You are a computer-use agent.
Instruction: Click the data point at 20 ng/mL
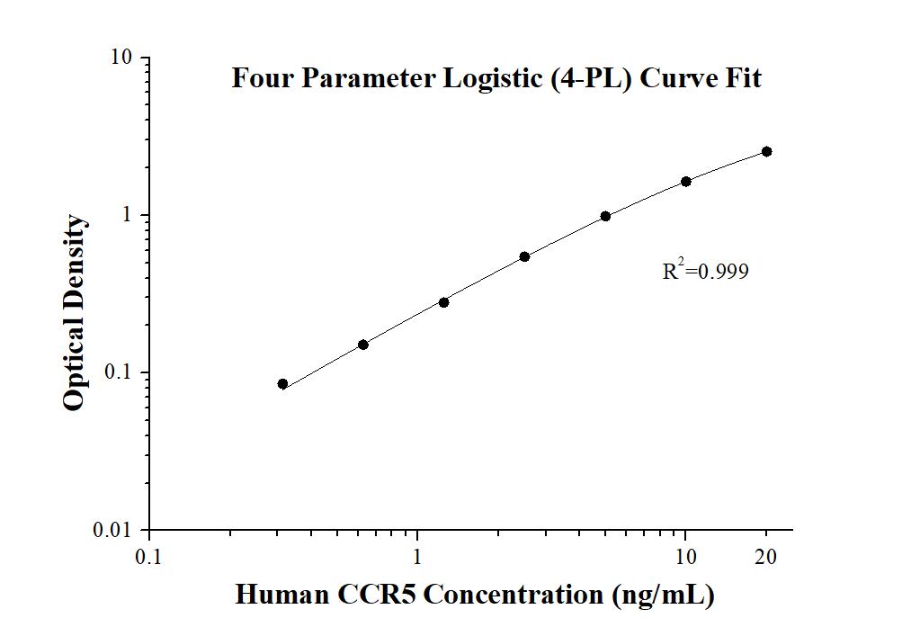pos(766,151)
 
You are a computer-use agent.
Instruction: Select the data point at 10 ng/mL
pos(686,181)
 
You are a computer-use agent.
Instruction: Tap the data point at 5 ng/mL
pos(605,216)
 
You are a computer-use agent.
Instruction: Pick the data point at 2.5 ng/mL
pos(524,256)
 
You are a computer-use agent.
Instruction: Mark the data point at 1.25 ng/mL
pos(443,302)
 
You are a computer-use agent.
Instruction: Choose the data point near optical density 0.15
pos(363,345)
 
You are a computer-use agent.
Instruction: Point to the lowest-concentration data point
pos(282,384)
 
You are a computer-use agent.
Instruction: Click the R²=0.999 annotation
pos(705,271)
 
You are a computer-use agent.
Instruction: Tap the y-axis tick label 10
pos(121,58)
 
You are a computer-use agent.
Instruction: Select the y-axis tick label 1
pos(128,215)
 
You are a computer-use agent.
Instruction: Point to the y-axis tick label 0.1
pos(118,372)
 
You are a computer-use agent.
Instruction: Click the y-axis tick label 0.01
pos(113,530)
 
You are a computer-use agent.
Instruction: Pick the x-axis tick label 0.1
pos(149,557)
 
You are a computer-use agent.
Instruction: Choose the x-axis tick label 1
pos(417,557)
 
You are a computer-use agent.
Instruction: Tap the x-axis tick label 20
pos(766,557)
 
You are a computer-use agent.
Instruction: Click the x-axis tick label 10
pos(685,557)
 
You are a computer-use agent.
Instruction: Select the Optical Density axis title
pos(76,313)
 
